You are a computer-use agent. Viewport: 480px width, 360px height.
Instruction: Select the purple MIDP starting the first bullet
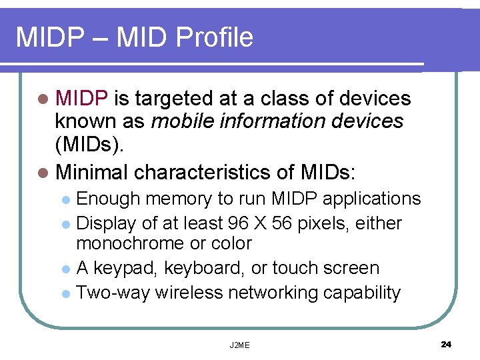[x=82, y=99]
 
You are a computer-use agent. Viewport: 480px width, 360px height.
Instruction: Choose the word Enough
[x=109, y=199]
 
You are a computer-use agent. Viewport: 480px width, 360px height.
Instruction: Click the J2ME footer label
[x=239, y=345]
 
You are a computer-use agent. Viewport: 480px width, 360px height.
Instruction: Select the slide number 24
[x=446, y=344]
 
